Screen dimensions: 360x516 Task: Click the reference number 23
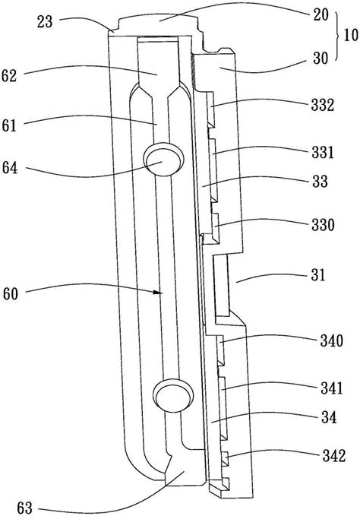tap(45, 22)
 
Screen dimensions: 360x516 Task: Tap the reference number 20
tap(321, 14)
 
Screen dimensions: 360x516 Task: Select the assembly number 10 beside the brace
tap(351, 35)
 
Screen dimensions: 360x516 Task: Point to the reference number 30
tap(321, 59)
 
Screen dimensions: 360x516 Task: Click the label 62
tap(9, 76)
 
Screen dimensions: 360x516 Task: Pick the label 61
tap(9, 125)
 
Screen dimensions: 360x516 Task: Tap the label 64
tap(10, 168)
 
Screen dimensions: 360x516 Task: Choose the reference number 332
tap(323, 106)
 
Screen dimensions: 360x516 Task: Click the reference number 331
tap(322, 153)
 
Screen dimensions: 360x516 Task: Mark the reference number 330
tap(323, 225)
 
